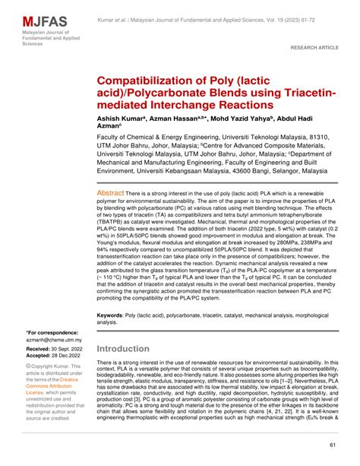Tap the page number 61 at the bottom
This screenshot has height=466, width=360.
[x=333, y=445]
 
